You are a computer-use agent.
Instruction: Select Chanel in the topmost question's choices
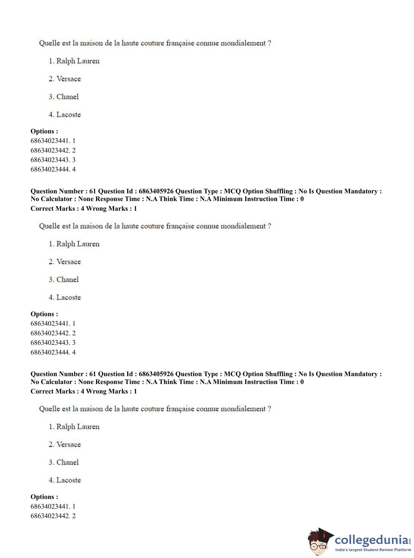click(x=67, y=97)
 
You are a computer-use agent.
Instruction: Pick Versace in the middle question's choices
click(x=68, y=262)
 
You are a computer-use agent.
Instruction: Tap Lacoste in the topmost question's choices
click(x=68, y=115)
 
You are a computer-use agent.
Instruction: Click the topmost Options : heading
click(x=44, y=131)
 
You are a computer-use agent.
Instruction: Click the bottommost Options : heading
click(x=44, y=497)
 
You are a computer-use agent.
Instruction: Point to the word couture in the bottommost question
click(x=152, y=409)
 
